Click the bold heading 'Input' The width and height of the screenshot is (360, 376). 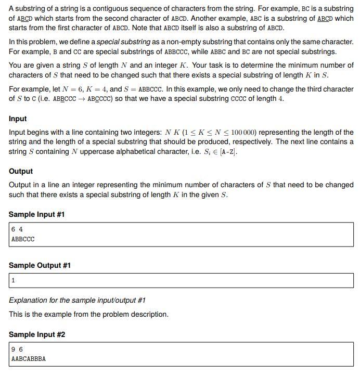click(18, 119)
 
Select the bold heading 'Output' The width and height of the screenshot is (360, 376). click(21, 171)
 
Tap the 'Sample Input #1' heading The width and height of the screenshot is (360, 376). click(36, 214)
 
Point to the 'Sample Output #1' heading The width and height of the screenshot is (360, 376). click(40, 265)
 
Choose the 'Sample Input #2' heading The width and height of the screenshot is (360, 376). click(36, 334)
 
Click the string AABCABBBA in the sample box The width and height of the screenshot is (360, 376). click(28, 358)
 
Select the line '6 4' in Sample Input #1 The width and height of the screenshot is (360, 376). click(17, 229)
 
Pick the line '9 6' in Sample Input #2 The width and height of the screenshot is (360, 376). click(17, 349)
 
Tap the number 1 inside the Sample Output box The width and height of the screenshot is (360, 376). click(13, 280)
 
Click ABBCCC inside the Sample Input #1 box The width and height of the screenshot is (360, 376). click(23, 239)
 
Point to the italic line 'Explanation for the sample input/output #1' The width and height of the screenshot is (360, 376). click(77, 300)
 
